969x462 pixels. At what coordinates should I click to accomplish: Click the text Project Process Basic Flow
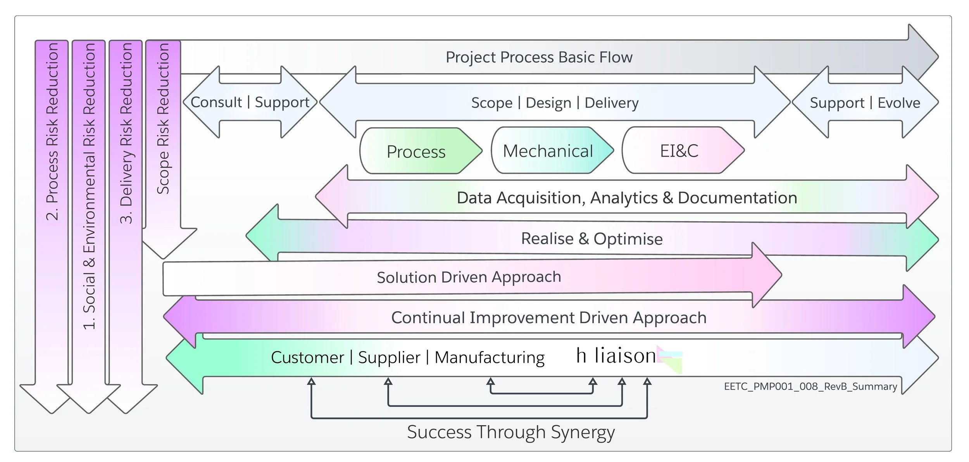point(539,57)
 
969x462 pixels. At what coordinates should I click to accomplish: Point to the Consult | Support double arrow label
point(250,102)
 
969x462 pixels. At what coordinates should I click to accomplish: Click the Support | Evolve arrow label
point(865,103)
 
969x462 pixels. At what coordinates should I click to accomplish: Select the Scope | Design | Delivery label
point(555,103)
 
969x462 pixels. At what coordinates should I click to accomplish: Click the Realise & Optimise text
point(591,238)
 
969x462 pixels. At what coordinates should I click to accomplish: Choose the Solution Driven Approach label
point(469,277)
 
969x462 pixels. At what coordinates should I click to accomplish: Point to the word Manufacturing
point(489,357)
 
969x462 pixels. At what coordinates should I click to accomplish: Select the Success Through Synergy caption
point(510,432)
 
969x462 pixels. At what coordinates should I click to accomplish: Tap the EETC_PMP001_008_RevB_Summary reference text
point(810,386)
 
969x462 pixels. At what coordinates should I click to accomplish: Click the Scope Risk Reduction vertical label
point(163,118)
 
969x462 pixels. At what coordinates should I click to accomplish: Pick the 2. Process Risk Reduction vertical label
point(52,132)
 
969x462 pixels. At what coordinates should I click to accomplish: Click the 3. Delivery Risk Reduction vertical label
point(126,133)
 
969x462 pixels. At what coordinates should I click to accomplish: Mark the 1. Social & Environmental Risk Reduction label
point(89,186)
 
